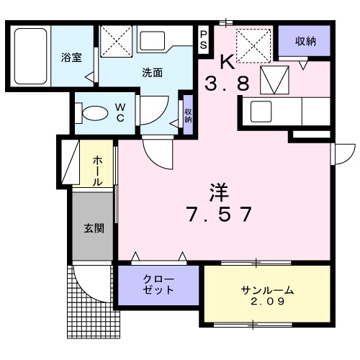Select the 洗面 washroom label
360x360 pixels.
(x=152, y=72)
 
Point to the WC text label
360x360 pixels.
(x=120, y=113)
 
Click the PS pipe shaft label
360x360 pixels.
(x=204, y=40)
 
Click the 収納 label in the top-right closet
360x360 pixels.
(x=305, y=41)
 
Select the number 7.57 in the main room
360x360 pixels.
(x=219, y=214)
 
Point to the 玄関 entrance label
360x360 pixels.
(x=93, y=229)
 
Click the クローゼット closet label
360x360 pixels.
(x=158, y=284)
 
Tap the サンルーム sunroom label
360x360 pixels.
(x=266, y=290)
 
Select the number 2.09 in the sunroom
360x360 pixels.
(x=266, y=302)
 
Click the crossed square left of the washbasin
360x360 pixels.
(x=116, y=40)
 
